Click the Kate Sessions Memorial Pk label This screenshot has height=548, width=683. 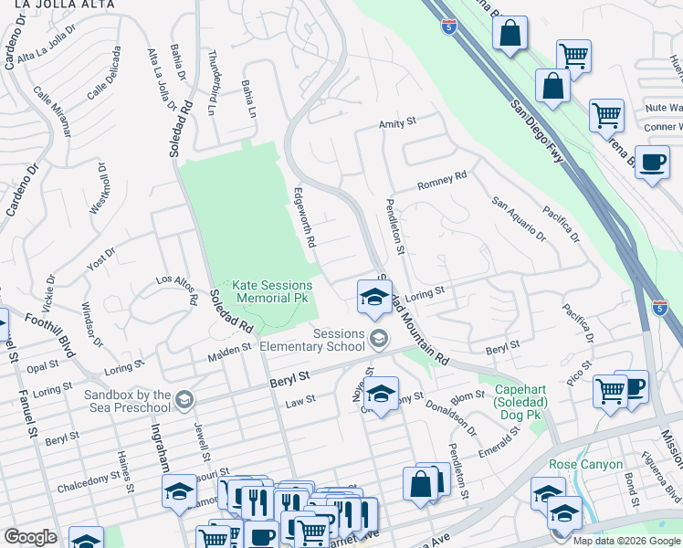tap(271, 292)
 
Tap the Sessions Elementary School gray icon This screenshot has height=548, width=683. tap(378, 341)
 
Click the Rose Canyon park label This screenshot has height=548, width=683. tap(579, 463)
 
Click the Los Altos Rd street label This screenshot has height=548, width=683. tap(177, 290)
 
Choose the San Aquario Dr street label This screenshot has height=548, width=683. tap(518, 219)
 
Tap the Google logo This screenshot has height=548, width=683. tap(30, 536)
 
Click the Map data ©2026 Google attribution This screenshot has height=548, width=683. tap(626, 540)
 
